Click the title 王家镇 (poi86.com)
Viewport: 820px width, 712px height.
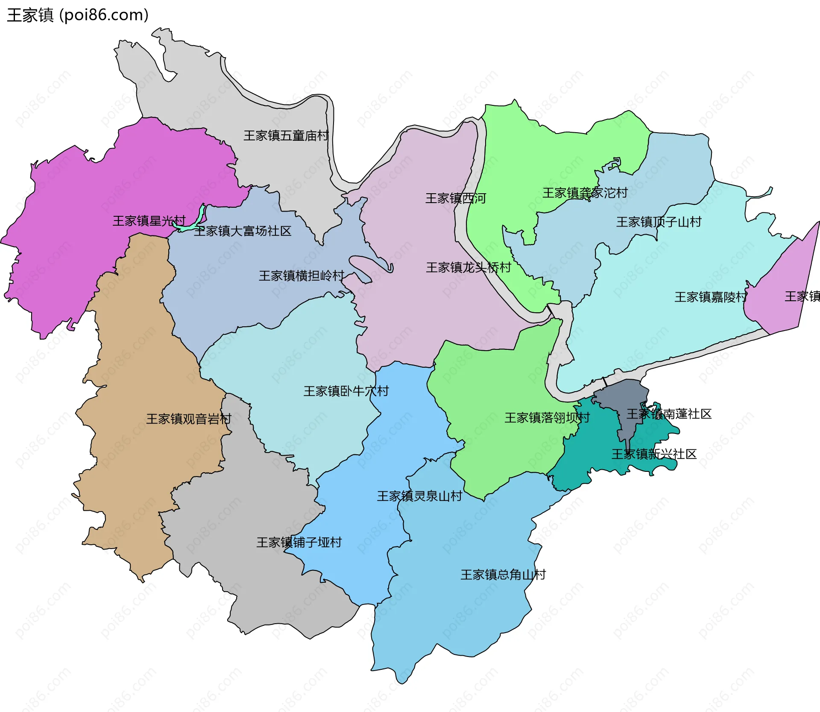tap(78, 15)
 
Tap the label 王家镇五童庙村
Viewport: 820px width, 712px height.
tap(286, 136)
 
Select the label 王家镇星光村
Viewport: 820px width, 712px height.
tap(149, 221)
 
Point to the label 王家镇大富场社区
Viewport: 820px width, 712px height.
tap(243, 231)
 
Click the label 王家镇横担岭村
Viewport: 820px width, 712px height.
tap(302, 276)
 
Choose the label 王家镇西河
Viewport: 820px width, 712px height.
tap(456, 198)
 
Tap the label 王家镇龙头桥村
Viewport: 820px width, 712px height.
tap(469, 267)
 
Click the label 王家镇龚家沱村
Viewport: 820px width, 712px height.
tap(585, 193)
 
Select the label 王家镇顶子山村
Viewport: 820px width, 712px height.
tap(659, 222)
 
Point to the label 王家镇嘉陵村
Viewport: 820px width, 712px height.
tap(711, 297)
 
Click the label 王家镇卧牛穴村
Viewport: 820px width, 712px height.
tap(346, 391)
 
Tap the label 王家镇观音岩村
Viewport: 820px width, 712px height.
tap(189, 419)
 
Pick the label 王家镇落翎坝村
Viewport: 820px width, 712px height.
tap(547, 418)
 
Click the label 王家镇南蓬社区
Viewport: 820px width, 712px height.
tap(669, 414)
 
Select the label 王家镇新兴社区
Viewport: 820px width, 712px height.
tap(654, 454)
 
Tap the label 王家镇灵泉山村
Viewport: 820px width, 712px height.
tap(419, 496)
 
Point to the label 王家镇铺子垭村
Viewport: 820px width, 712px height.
tap(299, 543)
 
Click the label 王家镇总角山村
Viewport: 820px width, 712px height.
tap(503, 575)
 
